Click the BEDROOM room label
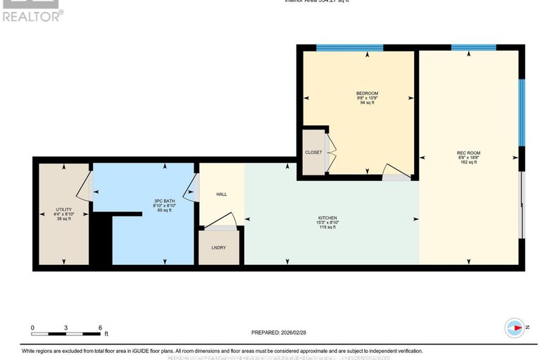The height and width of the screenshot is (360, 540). coord(367,94)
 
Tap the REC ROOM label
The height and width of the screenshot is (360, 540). coord(468,153)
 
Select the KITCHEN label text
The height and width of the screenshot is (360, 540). coord(327,218)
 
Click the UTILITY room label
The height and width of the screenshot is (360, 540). coord(64,209)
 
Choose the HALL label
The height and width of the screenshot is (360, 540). coord(221,194)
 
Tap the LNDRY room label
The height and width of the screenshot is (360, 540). coord(218,248)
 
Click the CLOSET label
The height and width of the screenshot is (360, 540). coord(313,152)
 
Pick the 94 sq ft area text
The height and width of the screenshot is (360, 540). coord(367,103)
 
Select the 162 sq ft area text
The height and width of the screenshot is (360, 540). coord(468,162)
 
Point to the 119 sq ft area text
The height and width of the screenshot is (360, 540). coord(327,228)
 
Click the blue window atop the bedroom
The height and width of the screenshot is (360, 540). coord(349,48)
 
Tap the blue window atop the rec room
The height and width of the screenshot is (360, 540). coord(473,48)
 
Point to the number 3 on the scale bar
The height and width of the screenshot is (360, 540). coord(65,328)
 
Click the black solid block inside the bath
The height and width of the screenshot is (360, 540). coord(102,240)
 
